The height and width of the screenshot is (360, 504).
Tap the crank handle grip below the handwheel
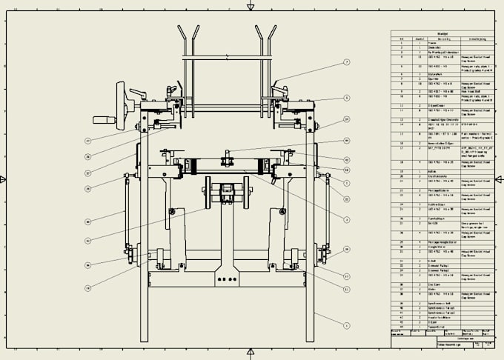click(x=102, y=119)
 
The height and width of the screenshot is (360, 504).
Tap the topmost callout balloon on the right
click(x=346, y=62)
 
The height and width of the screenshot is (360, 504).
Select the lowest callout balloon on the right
click(x=346, y=324)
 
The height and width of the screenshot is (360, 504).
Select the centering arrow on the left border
click(x=4, y=179)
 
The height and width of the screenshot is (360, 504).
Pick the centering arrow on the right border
click(x=499, y=179)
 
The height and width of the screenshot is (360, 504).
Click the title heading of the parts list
click(x=442, y=33)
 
